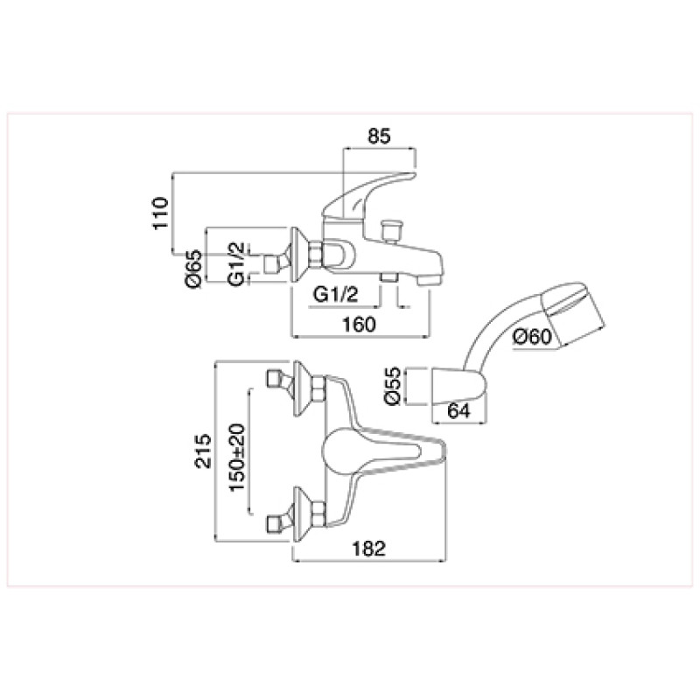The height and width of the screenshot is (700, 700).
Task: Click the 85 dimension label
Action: (379, 136)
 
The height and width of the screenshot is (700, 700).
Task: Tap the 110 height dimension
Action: (161, 213)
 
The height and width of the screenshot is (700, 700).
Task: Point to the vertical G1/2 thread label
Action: (236, 263)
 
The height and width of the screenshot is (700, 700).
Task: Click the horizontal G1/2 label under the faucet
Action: (336, 294)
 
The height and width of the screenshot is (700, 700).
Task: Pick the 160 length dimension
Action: (359, 325)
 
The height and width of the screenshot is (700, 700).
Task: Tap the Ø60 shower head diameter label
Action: (532, 336)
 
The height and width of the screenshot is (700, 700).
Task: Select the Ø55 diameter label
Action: (393, 386)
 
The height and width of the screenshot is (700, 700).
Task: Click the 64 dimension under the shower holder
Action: (458, 410)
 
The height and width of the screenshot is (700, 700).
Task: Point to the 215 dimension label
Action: (203, 451)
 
